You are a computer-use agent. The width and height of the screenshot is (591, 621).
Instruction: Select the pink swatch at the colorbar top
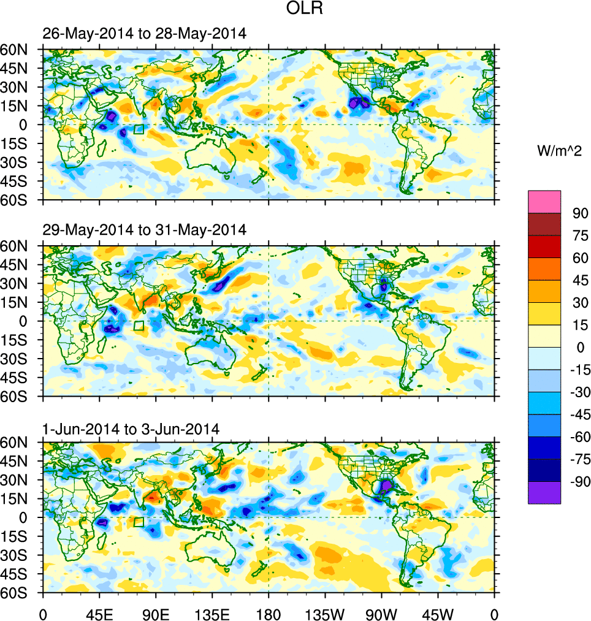tap(544, 201)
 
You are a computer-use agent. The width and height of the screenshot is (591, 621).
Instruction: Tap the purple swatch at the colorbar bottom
tap(544, 492)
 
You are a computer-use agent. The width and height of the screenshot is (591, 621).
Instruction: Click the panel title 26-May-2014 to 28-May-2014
tap(145, 34)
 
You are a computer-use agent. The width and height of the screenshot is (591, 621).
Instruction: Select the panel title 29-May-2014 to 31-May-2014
tap(145, 230)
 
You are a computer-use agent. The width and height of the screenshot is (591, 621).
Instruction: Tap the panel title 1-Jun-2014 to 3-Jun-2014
tap(131, 429)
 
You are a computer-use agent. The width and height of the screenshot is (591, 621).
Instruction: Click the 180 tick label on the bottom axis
tap(269, 613)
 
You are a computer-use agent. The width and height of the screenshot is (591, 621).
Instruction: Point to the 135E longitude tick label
tap(212, 613)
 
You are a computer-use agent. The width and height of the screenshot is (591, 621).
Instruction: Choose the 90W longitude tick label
tap(381, 613)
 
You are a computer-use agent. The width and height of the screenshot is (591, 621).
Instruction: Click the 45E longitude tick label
tap(99, 613)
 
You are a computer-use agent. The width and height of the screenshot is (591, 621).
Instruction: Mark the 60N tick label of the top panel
tap(21, 50)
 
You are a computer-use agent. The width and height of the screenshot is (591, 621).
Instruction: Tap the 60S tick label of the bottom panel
tap(21, 593)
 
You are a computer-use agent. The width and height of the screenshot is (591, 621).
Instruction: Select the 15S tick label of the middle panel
tap(21, 340)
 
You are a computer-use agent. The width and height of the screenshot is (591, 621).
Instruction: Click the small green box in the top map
tap(139, 129)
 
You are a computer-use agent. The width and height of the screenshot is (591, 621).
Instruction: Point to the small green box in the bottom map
tap(139, 522)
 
